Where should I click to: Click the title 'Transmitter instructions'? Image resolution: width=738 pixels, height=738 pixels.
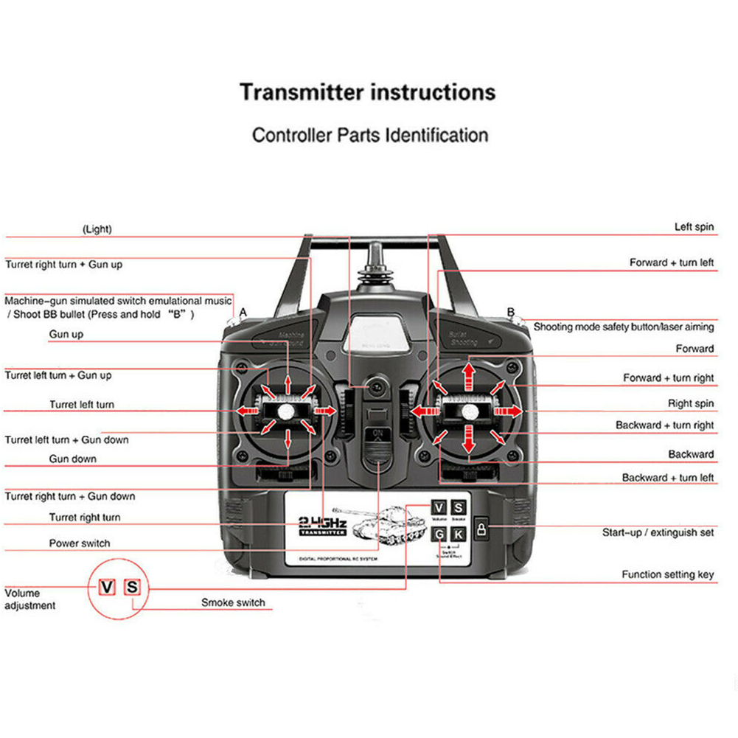(367, 93)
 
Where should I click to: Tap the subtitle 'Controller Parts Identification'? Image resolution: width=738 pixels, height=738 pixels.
(369, 136)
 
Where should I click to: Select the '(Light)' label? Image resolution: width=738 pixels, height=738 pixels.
(97, 229)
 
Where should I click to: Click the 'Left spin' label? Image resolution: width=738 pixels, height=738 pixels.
(694, 227)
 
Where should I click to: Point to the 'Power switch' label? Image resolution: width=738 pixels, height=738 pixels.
(80, 543)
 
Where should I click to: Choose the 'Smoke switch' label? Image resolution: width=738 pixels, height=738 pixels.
(233, 603)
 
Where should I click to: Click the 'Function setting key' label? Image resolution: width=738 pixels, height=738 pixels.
(667, 574)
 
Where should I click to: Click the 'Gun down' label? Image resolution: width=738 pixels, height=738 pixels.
(73, 459)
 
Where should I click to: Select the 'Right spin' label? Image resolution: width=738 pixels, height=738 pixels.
(690, 403)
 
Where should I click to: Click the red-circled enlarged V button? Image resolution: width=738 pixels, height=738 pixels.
(108, 587)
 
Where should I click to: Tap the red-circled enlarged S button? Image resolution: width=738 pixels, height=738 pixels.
(132, 587)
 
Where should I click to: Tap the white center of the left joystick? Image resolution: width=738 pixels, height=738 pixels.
(286, 410)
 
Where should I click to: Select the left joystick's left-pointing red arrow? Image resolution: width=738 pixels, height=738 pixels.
(247, 410)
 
